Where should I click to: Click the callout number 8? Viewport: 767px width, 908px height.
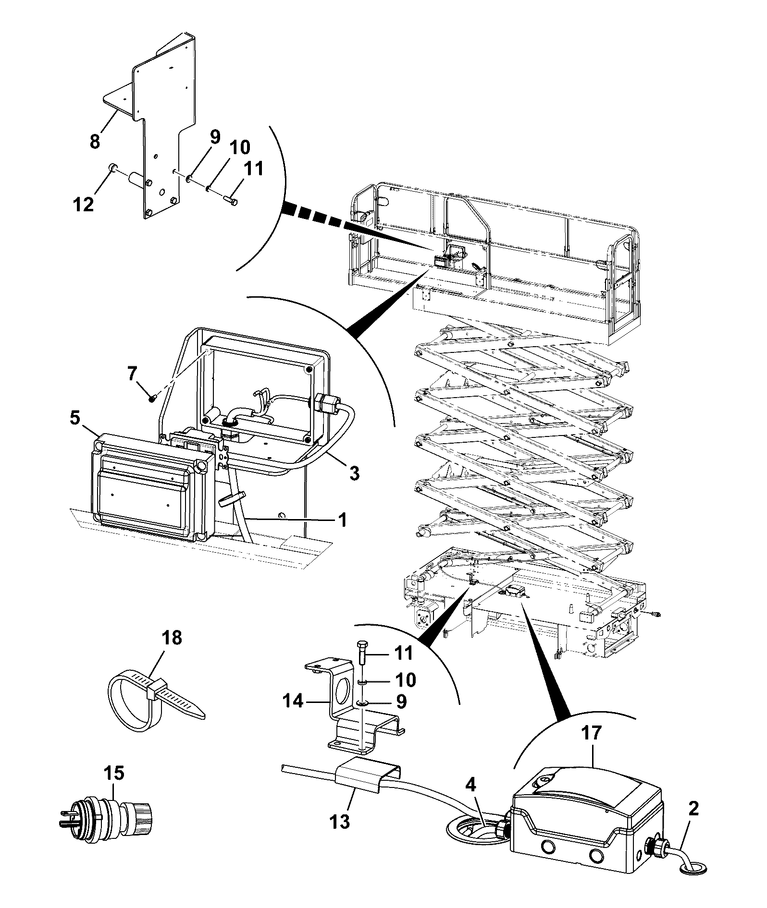coord(95,142)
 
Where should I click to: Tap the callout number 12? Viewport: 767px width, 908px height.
coord(83,205)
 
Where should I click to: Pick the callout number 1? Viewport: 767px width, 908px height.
coord(342,520)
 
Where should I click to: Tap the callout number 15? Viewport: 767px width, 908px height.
coord(114,773)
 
